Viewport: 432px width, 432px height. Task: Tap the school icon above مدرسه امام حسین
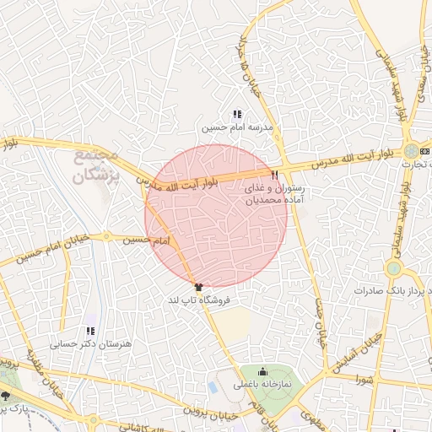[236, 114]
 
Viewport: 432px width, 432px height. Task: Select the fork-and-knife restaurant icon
[275, 174]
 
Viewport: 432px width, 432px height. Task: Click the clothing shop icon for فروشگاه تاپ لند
[198, 288]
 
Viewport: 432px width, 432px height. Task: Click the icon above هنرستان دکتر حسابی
[90, 331]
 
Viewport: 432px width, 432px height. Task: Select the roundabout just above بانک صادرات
[393, 268]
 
